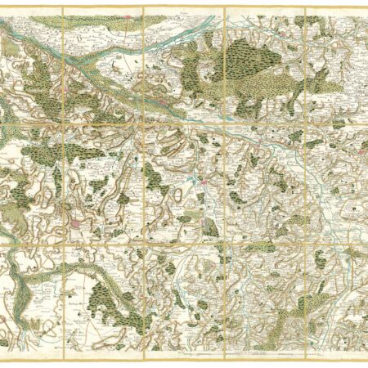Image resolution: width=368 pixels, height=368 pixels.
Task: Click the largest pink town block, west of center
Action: (x=79, y=221)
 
